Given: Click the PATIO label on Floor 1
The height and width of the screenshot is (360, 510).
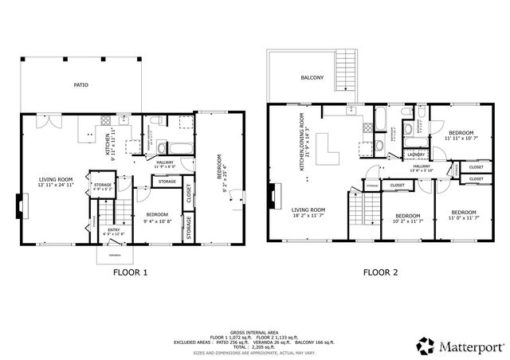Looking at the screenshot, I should coord(81,84).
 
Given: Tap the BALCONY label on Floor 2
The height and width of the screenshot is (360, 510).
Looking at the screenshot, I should coord(312,77).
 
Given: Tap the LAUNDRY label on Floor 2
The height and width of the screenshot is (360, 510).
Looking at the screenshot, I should coord(415,155).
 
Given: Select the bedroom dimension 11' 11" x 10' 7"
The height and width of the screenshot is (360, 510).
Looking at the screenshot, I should coord(462,139).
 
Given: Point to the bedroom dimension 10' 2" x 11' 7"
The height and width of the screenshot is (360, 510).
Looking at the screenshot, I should coord(408,221).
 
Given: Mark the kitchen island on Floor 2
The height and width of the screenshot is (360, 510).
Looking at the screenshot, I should coord(324,148).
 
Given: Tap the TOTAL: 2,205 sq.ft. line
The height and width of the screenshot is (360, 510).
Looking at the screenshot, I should coord(254,346).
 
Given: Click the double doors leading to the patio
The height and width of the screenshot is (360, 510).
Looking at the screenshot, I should coord(49,123).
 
